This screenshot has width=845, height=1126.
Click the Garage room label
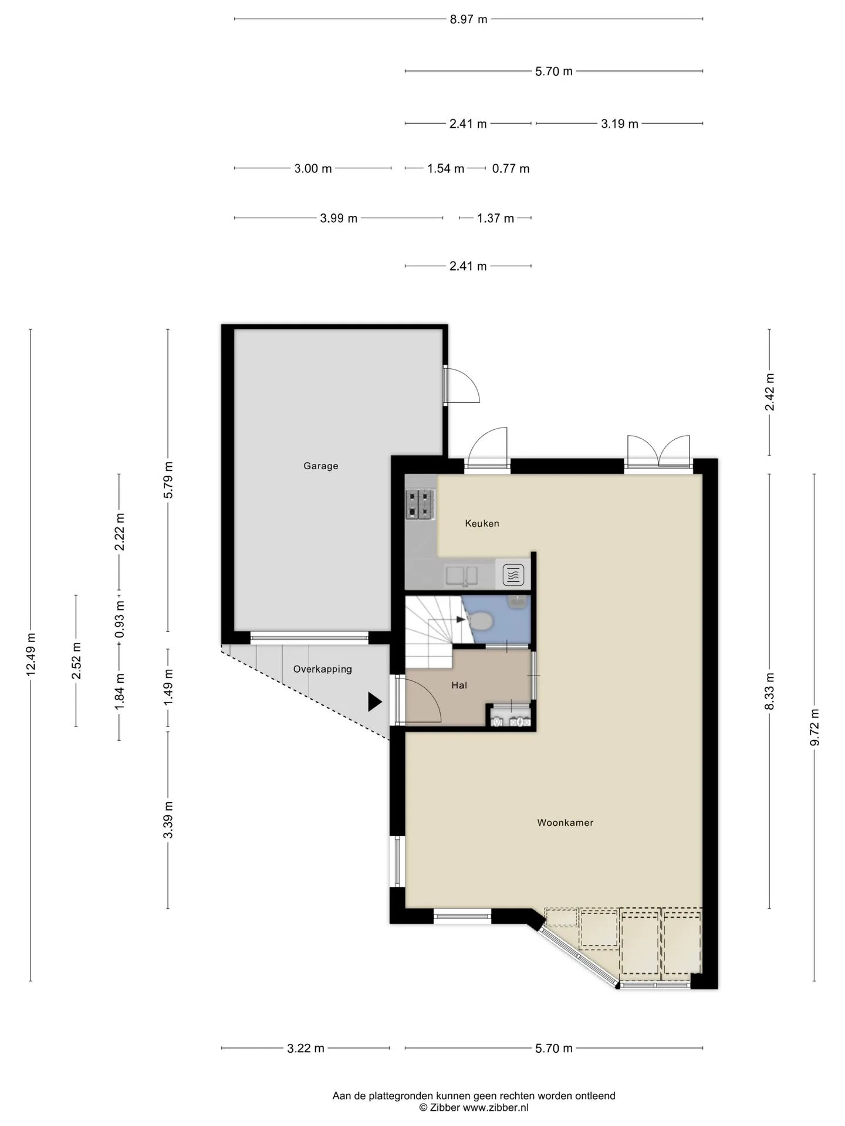[x=320, y=466]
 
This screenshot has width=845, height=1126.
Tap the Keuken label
[x=482, y=523]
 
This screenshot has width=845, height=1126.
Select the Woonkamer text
[x=565, y=822]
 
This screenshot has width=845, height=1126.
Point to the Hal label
[x=459, y=685]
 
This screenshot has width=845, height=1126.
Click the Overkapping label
[x=322, y=669]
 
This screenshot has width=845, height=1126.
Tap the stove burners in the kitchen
[x=421, y=504]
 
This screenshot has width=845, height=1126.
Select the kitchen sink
[x=461, y=575]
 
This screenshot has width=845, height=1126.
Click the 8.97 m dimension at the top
[x=468, y=19]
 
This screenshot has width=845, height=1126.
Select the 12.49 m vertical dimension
[x=31, y=654]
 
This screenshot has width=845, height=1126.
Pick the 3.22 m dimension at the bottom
[x=305, y=1048]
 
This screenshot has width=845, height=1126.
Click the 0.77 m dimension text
[x=511, y=169]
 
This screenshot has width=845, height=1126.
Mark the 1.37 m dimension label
[x=495, y=218]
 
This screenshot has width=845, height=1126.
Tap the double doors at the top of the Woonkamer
[x=658, y=450]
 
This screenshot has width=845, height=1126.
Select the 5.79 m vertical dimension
[x=168, y=480]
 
